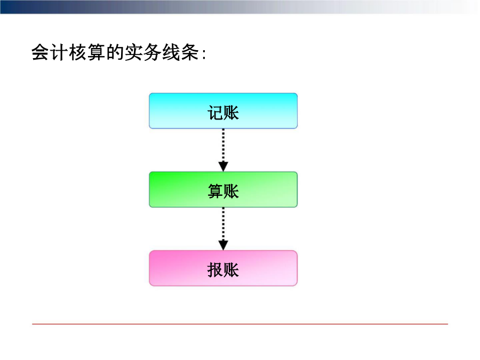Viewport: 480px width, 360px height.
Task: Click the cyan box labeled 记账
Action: click(x=223, y=111)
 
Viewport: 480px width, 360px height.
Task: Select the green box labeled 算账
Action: click(x=223, y=189)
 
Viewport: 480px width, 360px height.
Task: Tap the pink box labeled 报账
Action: click(x=223, y=268)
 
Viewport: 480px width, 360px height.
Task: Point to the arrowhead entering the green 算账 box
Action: click(x=223, y=167)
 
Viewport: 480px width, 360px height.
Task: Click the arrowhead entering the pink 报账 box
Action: click(x=223, y=245)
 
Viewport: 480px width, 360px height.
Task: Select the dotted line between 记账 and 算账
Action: click(x=223, y=146)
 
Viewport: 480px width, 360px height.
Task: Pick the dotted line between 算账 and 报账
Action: click(x=223, y=224)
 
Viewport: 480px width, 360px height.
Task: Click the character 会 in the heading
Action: click(x=41, y=52)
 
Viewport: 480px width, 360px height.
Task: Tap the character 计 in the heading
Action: click(x=59, y=52)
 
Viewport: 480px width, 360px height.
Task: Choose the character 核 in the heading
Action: click(x=78, y=52)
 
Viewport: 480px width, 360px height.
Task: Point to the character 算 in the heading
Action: click(x=97, y=52)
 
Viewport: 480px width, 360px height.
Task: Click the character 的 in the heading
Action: click(x=115, y=52)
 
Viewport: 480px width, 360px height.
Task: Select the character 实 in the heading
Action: click(x=134, y=52)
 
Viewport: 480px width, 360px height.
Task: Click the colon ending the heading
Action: click(x=204, y=54)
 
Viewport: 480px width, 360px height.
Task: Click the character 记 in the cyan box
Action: click(x=215, y=113)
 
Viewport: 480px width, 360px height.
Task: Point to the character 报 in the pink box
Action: click(x=215, y=270)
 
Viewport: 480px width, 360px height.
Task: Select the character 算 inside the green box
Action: click(x=215, y=191)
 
